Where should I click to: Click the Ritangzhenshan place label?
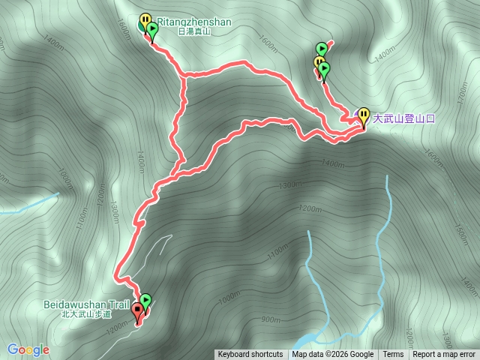[x=193, y=22]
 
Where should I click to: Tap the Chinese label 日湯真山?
[x=194, y=31]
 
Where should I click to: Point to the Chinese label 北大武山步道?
[x=88, y=314]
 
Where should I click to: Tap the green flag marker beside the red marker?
[x=145, y=301]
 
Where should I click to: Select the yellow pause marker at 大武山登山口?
[x=364, y=115]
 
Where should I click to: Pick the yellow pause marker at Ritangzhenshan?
[x=145, y=21]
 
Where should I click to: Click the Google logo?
[x=28, y=349]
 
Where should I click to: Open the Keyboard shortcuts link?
[x=250, y=355]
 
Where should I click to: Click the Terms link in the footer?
[x=393, y=355]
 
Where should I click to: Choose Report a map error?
[x=444, y=355]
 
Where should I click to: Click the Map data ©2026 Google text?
[x=333, y=355]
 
